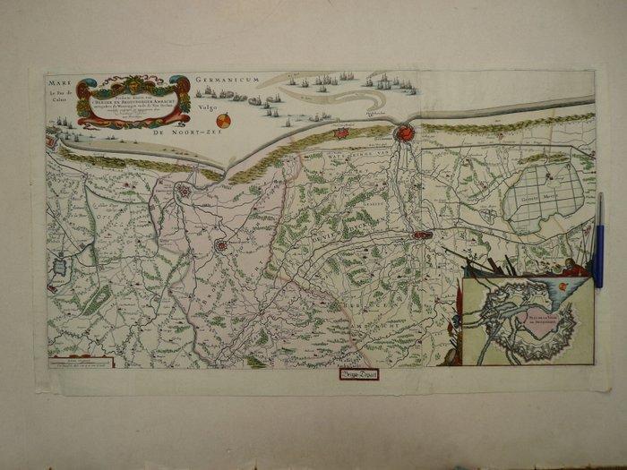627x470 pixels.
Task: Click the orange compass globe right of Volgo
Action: pyautogui.click(x=224, y=120)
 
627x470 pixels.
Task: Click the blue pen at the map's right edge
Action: pyautogui.click(x=598, y=244)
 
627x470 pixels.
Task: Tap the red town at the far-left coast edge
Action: pyautogui.click(x=50, y=141)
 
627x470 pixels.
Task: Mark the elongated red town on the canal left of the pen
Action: pyautogui.click(x=422, y=235)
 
